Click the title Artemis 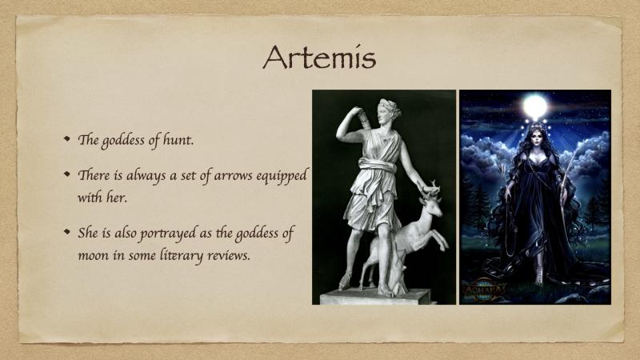[x=319, y=58]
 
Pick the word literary [x=181, y=255]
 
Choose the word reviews [x=228, y=255]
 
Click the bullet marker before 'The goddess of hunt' [x=67, y=138]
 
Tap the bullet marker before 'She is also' [x=67, y=232]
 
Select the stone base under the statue [x=375, y=296]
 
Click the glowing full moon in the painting [x=534, y=106]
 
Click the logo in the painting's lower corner [x=484, y=290]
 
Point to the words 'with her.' [x=102, y=198]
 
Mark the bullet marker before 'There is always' [x=67, y=174]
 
